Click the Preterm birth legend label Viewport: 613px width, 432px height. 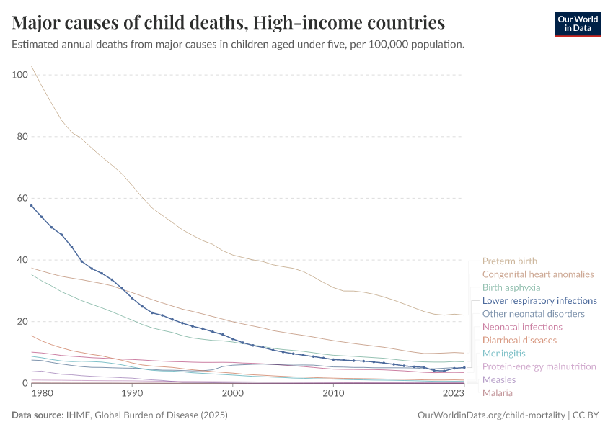click(509, 261)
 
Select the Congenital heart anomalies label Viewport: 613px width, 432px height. click(538, 274)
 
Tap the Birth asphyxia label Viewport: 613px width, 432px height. click(511, 287)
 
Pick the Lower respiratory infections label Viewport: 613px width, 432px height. click(539, 300)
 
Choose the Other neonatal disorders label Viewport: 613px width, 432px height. click(533, 314)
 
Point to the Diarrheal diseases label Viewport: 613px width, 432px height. click(519, 340)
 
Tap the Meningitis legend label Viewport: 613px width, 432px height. click(504, 354)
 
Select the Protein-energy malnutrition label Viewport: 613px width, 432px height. click(539, 366)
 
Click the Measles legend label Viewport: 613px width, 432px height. click(499, 379)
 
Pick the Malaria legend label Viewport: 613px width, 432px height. click(498, 393)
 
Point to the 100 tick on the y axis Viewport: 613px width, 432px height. click(19, 75)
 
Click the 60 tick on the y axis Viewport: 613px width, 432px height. click(22, 198)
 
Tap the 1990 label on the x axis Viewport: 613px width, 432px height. click(131, 393)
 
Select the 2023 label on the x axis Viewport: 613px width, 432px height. click(454, 393)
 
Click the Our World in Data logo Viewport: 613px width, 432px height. click(577, 23)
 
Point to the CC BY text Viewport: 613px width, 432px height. click(587, 415)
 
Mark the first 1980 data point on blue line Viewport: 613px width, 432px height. click(31, 205)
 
